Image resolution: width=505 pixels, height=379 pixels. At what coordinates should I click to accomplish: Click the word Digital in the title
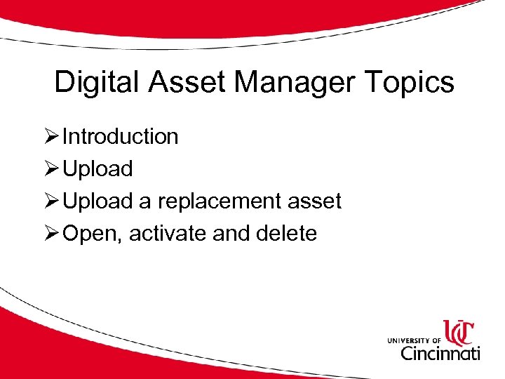click(98, 83)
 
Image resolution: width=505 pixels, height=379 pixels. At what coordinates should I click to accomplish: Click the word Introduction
click(120, 136)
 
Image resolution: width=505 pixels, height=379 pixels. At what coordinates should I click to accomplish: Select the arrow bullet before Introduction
click(50, 136)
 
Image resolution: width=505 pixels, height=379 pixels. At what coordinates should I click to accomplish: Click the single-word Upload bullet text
click(97, 168)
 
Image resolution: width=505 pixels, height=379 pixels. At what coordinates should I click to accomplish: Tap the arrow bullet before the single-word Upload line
click(50, 168)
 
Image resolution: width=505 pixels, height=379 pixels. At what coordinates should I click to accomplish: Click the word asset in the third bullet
click(316, 201)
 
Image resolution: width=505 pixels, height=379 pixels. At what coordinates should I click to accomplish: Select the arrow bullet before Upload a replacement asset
click(50, 201)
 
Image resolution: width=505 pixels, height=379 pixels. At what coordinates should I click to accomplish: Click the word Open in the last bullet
click(90, 233)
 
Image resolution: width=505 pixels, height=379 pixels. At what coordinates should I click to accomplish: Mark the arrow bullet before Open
click(50, 233)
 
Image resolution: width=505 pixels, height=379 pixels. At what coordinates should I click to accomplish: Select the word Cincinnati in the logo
click(440, 352)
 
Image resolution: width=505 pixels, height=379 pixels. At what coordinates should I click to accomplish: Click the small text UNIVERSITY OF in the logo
click(413, 340)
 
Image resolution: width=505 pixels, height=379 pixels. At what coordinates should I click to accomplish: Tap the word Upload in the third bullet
click(97, 201)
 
